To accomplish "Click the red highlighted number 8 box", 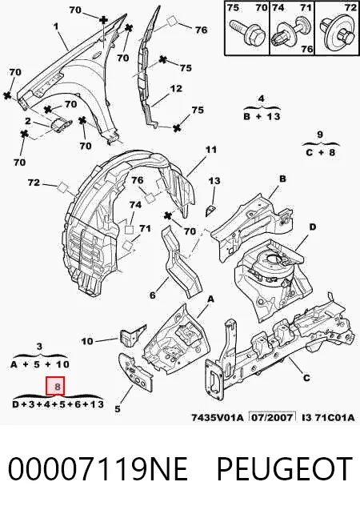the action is [x=55, y=386].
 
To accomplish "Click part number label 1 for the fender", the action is [x=56, y=26].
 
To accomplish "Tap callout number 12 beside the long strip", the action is [x=176, y=88].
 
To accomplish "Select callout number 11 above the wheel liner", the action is [x=211, y=150].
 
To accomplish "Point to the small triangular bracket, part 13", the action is [x=210, y=211].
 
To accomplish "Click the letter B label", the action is [x=282, y=179].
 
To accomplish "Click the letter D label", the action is [x=312, y=227].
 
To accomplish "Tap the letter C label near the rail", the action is [x=306, y=378].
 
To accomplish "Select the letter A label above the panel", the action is [x=210, y=299].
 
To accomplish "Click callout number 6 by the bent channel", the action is [x=153, y=295].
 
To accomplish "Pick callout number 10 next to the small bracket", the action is [x=87, y=341].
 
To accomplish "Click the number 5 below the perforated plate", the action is [x=118, y=409].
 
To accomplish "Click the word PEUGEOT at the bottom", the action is [x=284, y=468].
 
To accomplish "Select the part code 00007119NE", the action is [x=98, y=468].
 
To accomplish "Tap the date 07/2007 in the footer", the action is [x=273, y=417].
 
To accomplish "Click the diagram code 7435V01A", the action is [x=217, y=417].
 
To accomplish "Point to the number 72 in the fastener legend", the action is [x=350, y=7].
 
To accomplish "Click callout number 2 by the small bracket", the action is [x=28, y=122].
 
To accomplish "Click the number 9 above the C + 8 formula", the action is [x=320, y=134].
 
